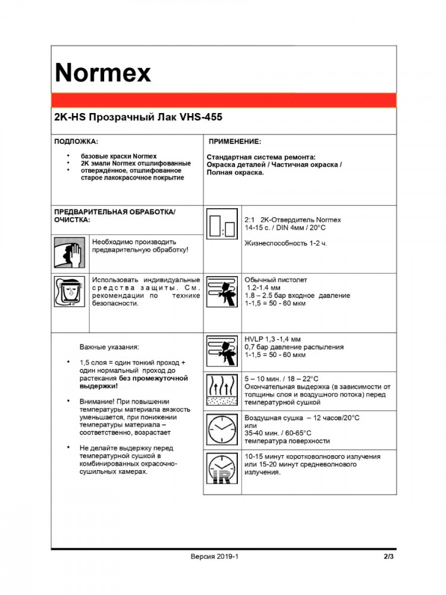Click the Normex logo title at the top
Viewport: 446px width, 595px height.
point(103,73)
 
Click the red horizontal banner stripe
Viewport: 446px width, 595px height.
point(223,100)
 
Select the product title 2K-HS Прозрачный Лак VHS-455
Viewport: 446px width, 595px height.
point(138,118)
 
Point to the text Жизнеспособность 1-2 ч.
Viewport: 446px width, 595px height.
point(285,243)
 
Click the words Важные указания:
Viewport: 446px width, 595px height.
point(109,346)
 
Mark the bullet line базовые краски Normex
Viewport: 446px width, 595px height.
point(118,156)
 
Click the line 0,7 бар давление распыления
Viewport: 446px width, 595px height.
point(294,347)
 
